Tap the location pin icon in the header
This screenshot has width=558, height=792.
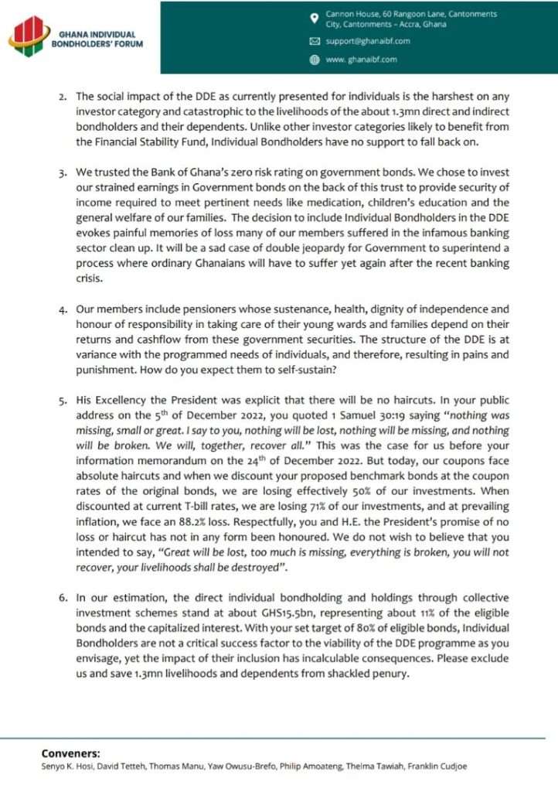point(314,19)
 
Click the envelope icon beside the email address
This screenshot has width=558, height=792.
point(314,41)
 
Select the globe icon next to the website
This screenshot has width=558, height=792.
point(314,59)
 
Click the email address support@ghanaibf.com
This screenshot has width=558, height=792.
point(368,41)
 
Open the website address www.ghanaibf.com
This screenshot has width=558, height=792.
point(362,59)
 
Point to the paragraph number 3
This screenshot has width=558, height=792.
point(63,172)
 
